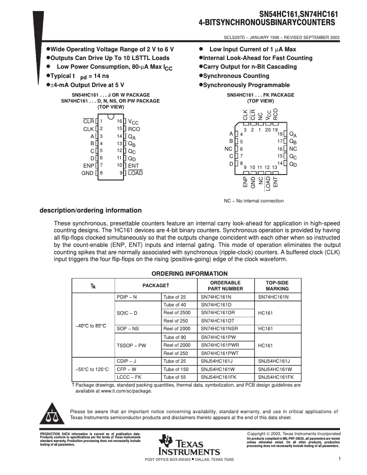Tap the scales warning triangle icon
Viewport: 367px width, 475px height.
[52, 415]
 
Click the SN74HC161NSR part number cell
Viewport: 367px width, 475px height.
[219, 328]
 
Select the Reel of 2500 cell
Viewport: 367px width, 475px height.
[177, 312]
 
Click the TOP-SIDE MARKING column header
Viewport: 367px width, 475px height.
[277, 286]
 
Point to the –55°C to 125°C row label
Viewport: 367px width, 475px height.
[92, 369]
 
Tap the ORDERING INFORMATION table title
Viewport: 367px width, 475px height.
[183, 273]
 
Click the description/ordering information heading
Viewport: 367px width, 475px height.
[91, 211]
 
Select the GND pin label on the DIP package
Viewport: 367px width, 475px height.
[87, 173]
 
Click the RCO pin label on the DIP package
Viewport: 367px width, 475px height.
[134, 129]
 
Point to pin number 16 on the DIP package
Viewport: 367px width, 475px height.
[119, 121]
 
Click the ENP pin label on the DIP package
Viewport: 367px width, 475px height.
[88, 165]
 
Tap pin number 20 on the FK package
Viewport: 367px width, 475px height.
[268, 130]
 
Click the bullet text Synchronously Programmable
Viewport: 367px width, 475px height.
[246, 85]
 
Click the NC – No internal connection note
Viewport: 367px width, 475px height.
[254, 201]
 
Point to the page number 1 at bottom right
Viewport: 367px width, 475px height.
[340, 459]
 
